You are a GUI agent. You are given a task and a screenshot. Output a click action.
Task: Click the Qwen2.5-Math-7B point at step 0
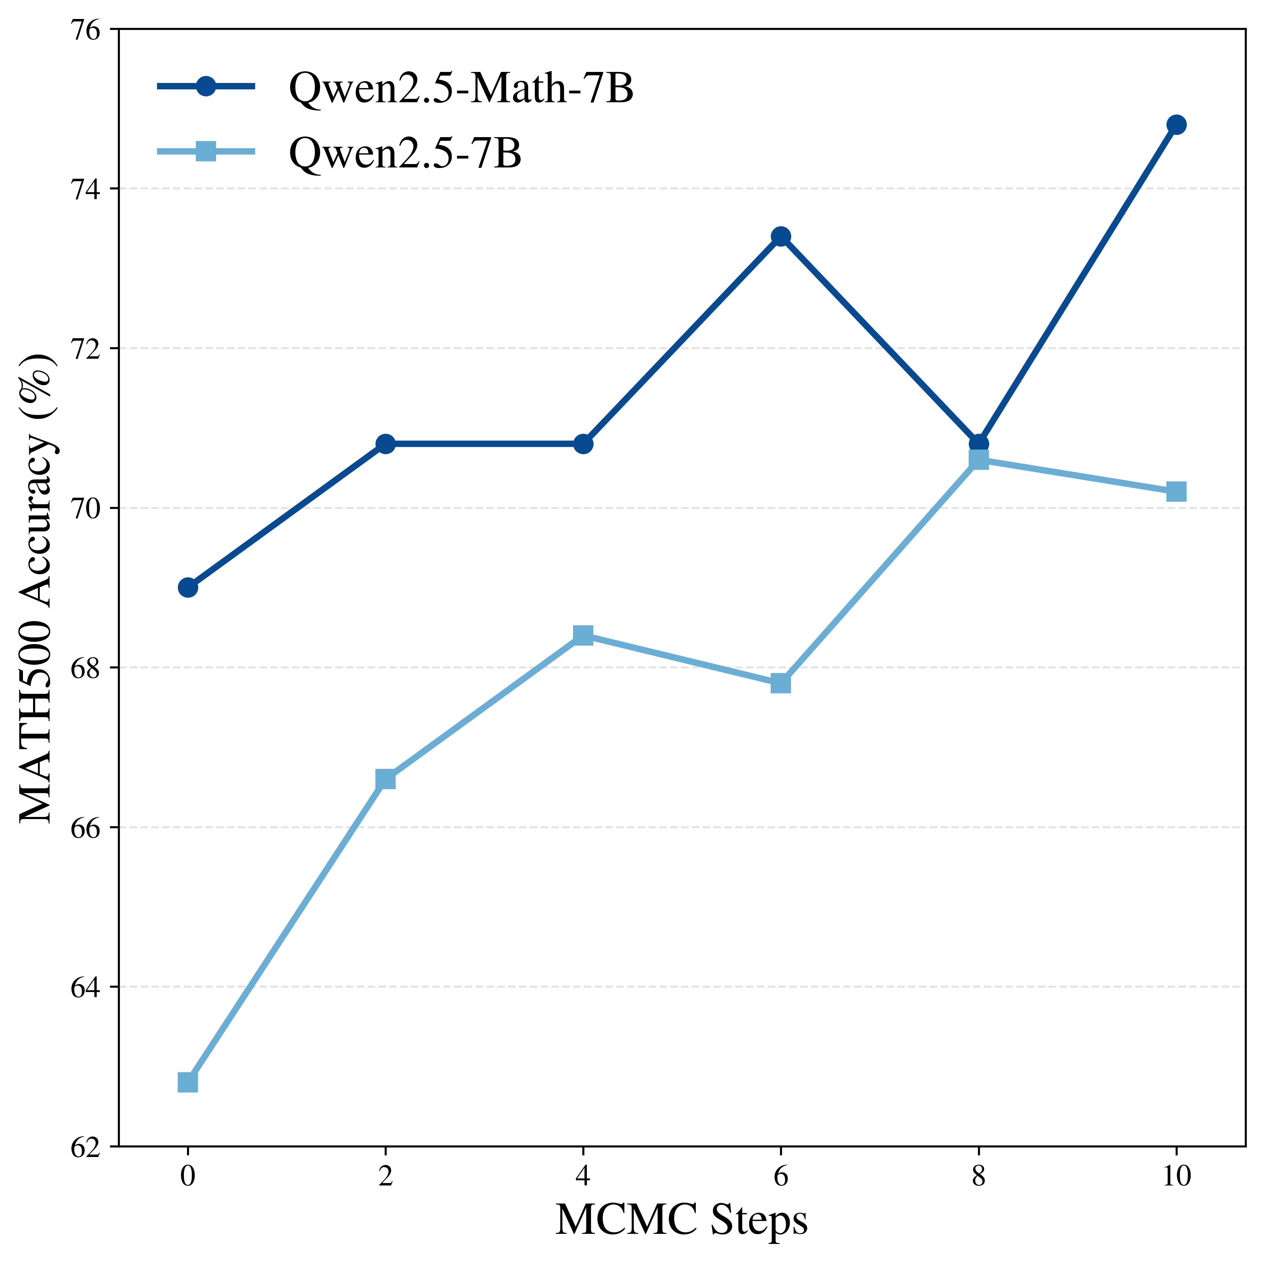click(x=188, y=587)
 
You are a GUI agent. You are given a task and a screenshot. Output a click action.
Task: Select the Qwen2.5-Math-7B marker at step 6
click(x=781, y=236)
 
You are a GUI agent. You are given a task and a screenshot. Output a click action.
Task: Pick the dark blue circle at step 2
click(x=385, y=444)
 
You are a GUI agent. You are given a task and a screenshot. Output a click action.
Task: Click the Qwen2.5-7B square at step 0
click(x=188, y=1083)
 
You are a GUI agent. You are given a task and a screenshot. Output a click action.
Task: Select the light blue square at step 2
click(x=385, y=779)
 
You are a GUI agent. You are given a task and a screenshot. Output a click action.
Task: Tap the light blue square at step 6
click(x=781, y=683)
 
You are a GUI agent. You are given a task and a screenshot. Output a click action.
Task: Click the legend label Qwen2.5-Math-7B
click(x=461, y=88)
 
